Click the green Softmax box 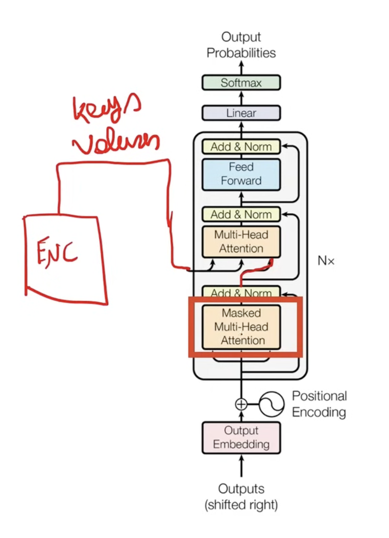241,83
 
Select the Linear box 241,113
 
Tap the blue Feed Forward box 241,174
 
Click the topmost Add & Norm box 241,146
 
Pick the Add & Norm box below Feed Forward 241,214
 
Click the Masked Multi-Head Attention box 241,327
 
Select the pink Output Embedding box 241,437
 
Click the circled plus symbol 241,404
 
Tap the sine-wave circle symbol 272,404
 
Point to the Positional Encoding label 319,404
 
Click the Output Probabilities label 241,45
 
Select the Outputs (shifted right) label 241,497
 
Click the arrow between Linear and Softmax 241,98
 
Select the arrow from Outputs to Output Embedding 241,466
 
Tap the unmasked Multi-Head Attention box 241,241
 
